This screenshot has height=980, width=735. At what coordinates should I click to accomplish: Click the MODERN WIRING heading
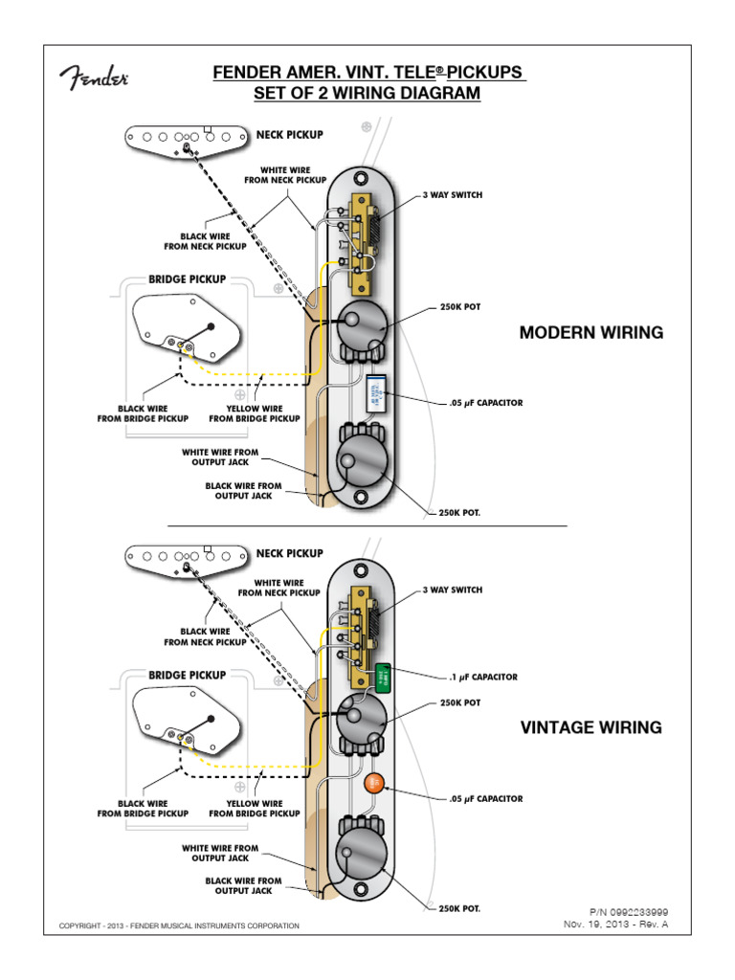(x=590, y=333)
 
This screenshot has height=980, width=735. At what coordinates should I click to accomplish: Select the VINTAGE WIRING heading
(x=590, y=727)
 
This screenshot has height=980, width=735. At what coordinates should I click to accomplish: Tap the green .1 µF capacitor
(x=382, y=678)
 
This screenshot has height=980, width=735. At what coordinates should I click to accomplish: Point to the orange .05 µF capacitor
(x=375, y=784)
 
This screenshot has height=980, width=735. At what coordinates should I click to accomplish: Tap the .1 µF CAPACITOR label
(x=483, y=677)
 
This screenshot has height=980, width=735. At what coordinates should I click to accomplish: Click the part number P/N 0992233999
(x=628, y=913)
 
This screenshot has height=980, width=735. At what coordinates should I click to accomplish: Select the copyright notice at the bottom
(x=179, y=925)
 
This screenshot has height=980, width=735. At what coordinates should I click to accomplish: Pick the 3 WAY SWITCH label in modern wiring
(x=453, y=195)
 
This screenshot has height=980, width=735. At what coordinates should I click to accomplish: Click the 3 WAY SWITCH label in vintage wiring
(x=453, y=590)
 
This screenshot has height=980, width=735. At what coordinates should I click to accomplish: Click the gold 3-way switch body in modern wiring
(x=362, y=241)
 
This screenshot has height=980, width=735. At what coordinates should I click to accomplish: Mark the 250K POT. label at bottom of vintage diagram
(x=459, y=908)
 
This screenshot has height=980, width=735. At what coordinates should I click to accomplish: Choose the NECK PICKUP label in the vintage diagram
(x=289, y=553)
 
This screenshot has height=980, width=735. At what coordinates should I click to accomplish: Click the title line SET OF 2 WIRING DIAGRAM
(x=367, y=94)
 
